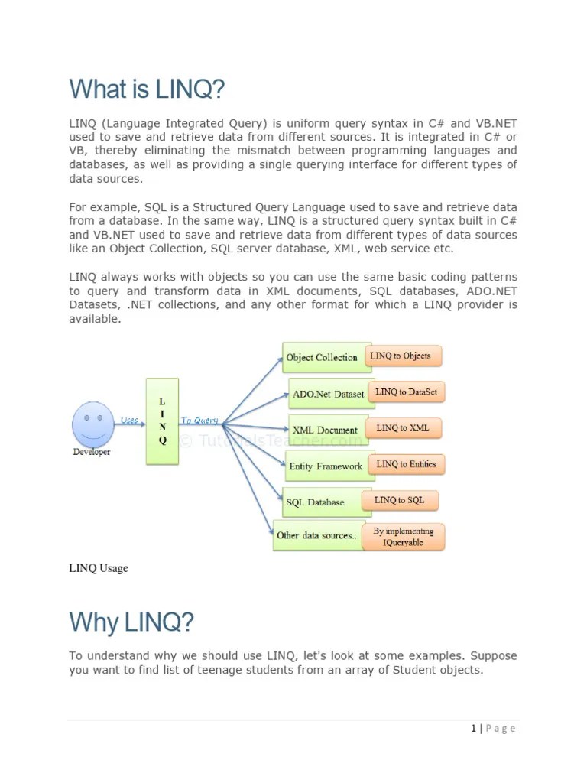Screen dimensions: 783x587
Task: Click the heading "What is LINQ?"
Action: click(148, 89)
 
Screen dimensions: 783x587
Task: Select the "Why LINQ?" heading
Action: click(131, 622)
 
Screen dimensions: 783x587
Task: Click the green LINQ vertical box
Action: click(162, 421)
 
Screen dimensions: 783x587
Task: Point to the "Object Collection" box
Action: click(322, 357)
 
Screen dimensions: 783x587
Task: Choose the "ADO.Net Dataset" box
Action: click(329, 395)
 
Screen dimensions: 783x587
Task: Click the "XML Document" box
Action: click(326, 430)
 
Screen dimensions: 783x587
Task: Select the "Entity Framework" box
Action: click(326, 466)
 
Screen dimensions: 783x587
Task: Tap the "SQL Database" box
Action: click(315, 502)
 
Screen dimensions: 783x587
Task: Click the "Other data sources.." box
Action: click(316, 535)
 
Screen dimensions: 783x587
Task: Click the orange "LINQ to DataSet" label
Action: click(406, 391)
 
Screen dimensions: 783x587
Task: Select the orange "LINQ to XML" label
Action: click(403, 428)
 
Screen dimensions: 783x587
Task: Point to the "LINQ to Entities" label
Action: click(406, 464)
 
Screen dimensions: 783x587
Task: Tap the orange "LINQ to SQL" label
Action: click(400, 500)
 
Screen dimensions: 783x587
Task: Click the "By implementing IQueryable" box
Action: click(403, 537)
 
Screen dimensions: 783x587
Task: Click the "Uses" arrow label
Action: click(129, 419)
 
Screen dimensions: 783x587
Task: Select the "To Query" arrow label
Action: click(199, 420)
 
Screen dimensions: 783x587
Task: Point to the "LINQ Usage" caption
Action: click(99, 568)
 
